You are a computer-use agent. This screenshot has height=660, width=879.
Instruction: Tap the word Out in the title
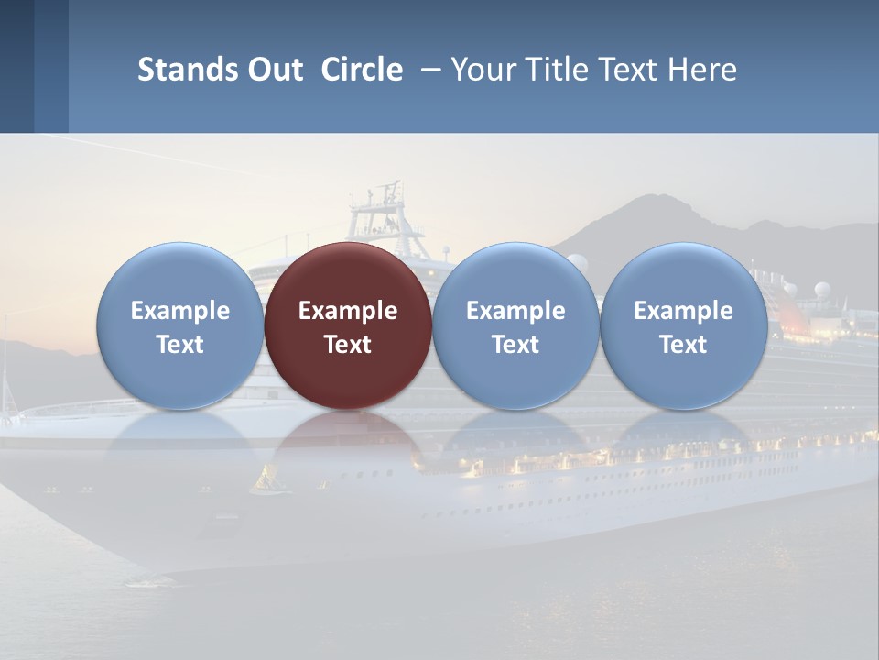click(273, 70)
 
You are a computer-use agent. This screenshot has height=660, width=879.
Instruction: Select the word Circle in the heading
click(362, 70)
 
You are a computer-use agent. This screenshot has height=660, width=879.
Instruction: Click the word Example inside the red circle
click(348, 311)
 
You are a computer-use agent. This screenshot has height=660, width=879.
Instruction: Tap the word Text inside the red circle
click(348, 345)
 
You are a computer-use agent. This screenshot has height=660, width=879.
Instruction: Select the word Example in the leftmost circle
click(180, 311)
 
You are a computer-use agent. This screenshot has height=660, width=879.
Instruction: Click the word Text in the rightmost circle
click(684, 345)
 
